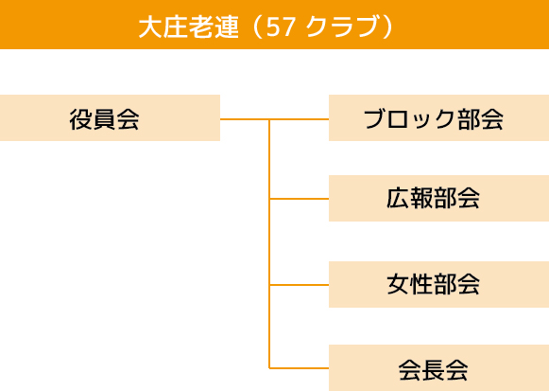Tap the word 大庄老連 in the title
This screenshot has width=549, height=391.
(189, 27)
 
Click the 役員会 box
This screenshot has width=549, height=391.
(110, 117)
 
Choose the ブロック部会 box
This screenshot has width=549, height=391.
(438, 117)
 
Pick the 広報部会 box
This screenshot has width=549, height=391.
(438, 199)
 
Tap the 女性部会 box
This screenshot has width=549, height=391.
(438, 284)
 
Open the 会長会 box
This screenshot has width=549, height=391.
(438, 368)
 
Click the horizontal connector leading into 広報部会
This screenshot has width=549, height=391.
(299, 199)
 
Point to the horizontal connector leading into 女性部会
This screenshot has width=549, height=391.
(299, 285)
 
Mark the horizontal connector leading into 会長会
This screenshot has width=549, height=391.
(299, 368)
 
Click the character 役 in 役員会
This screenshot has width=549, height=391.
(81, 119)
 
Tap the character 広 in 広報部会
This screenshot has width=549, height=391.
(398, 198)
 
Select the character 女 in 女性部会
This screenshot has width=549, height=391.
(398, 284)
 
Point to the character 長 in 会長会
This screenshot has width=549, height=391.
(434, 369)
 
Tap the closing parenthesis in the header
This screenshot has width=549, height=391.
(388, 27)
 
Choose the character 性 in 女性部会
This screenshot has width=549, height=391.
(421, 284)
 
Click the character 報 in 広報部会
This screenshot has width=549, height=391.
(421, 198)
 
